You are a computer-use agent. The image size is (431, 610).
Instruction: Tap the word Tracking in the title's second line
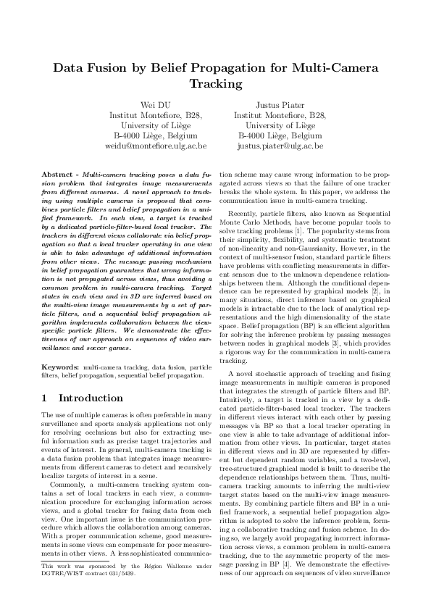[x=215, y=84]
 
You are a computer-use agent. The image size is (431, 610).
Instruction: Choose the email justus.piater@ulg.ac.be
[x=280, y=146]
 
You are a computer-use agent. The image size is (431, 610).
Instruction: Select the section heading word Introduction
[x=91, y=398]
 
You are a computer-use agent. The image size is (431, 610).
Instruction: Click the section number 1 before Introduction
[x=45, y=398]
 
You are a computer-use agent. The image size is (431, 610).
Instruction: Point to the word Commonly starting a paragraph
[x=67, y=485]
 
